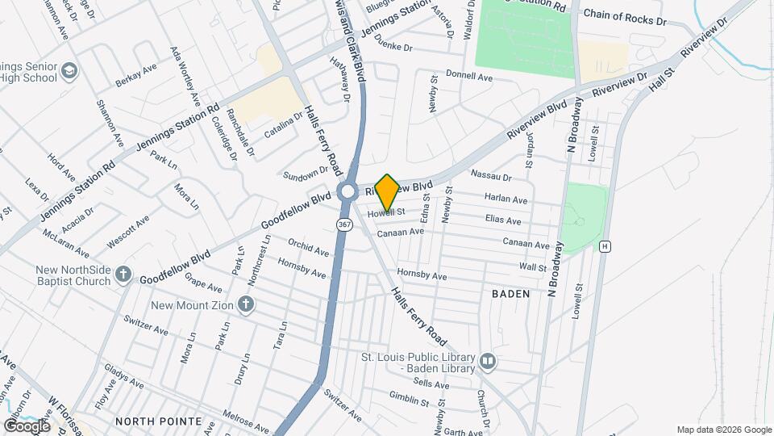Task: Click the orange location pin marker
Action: pyautogui.click(x=388, y=192)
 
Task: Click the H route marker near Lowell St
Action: pyautogui.click(x=604, y=245)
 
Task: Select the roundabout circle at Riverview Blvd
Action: pyautogui.click(x=348, y=192)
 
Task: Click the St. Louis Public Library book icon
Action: pyautogui.click(x=487, y=361)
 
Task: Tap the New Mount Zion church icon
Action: pyautogui.click(x=247, y=305)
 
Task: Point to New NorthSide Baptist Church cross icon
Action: pyautogui.click(x=123, y=275)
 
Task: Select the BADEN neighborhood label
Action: pyautogui.click(x=511, y=294)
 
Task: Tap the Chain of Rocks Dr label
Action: pyautogui.click(x=626, y=15)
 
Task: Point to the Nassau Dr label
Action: pyautogui.click(x=491, y=176)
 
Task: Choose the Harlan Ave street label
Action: pyautogui.click(x=506, y=198)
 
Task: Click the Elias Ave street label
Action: pyautogui.click(x=504, y=220)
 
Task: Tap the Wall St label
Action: pyautogui.click(x=533, y=266)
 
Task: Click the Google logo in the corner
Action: pyautogui.click(x=27, y=426)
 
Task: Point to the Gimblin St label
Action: pyautogui.click(x=409, y=400)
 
